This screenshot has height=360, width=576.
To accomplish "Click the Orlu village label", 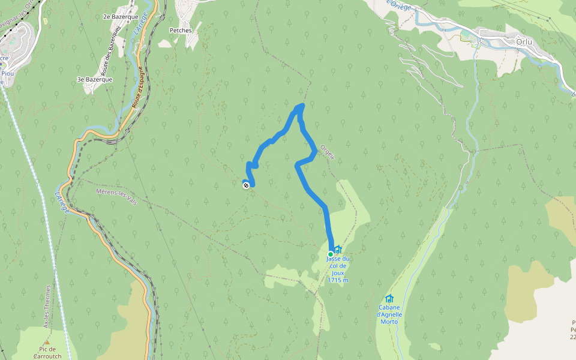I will point(528,42).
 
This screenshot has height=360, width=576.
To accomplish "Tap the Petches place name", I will point(181,29).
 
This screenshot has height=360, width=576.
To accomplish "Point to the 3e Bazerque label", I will point(95,79).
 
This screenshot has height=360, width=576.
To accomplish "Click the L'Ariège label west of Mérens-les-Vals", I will point(62,202).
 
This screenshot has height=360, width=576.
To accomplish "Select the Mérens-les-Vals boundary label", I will point(116,196).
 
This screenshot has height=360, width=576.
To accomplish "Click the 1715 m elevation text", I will point(338,280).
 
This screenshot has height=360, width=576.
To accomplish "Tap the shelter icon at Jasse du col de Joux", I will point(338,249).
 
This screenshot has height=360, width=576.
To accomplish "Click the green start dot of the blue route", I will point(330,254).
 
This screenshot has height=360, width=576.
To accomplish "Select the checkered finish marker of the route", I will point(246,185).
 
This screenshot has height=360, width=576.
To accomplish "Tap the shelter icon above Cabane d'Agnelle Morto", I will point(389,298).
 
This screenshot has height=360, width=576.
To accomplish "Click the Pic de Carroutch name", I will point(47,352).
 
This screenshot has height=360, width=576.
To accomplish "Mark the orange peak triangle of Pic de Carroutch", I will point(47,342).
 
